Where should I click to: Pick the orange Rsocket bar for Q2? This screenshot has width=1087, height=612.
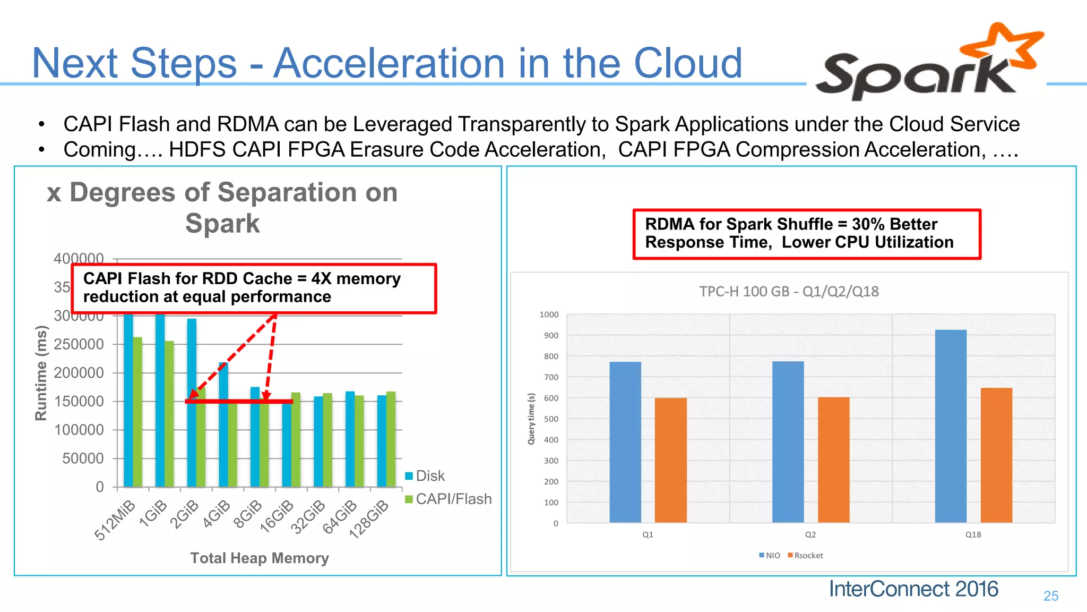click(833, 460)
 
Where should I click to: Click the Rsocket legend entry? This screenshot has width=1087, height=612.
click(805, 555)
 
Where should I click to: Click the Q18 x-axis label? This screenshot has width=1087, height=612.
click(973, 534)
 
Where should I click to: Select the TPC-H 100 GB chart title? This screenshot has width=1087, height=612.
click(789, 291)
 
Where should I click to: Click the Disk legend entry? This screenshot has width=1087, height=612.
click(425, 475)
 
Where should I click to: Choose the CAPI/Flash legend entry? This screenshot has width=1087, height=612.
click(448, 499)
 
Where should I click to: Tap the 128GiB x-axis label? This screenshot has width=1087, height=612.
click(369, 519)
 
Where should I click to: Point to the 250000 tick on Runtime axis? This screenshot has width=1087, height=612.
click(79, 344)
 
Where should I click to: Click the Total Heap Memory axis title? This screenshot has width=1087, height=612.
click(260, 558)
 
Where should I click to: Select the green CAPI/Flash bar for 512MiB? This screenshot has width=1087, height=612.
click(137, 412)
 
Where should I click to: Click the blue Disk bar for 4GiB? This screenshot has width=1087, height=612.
click(223, 425)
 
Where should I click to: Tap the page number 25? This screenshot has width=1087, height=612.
click(1050, 596)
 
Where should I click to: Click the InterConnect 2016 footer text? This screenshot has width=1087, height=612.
click(913, 589)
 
